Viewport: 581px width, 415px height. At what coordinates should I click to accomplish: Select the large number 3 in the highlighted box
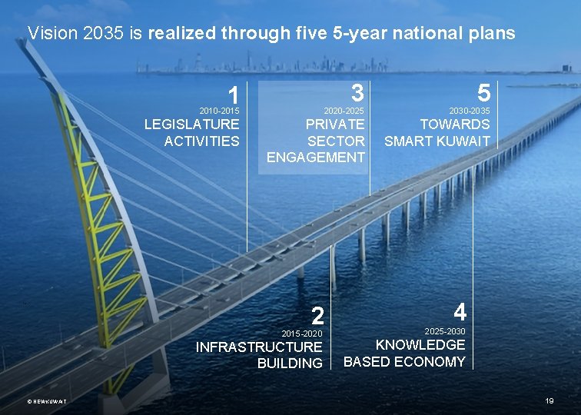pyautogui.click(x=356, y=93)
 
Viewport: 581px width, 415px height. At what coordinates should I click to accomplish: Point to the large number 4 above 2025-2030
pyautogui.click(x=459, y=311)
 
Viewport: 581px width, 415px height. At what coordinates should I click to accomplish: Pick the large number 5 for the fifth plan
pyautogui.click(x=483, y=93)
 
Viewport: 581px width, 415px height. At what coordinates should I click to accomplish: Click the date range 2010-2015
pyautogui.click(x=219, y=112)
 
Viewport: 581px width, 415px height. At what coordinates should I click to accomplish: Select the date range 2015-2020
pyautogui.click(x=302, y=334)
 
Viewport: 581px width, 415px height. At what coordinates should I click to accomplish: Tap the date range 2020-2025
pyautogui.click(x=344, y=112)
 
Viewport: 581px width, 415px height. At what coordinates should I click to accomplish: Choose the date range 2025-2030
pyautogui.click(x=445, y=330)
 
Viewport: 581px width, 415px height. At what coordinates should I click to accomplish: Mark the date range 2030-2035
pyautogui.click(x=470, y=112)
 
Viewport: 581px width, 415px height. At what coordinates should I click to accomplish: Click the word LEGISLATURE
pyautogui.click(x=192, y=124)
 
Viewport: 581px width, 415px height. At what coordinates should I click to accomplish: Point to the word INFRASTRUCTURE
pyautogui.click(x=259, y=347)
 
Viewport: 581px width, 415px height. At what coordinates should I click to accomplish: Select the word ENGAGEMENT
pyautogui.click(x=316, y=158)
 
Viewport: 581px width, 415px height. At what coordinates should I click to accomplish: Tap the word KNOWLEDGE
pyautogui.click(x=420, y=345)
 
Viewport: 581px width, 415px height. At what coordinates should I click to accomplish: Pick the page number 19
pyautogui.click(x=549, y=401)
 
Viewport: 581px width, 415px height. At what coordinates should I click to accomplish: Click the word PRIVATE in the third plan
pyautogui.click(x=335, y=124)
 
